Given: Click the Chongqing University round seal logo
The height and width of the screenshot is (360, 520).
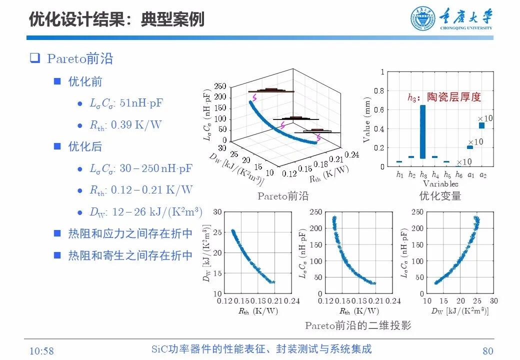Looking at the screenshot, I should [x=423, y=19].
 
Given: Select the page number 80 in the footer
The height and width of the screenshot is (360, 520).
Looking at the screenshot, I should [x=487, y=350].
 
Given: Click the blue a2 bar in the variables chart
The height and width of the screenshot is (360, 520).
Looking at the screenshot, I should [x=482, y=125].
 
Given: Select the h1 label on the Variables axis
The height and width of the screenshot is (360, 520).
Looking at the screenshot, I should [x=399, y=174].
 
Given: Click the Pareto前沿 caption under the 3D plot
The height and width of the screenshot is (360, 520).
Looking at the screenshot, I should [x=283, y=196].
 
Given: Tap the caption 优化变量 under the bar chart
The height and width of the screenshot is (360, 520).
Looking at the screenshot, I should [x=440, y=196].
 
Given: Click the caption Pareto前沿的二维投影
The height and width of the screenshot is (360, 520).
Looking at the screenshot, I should [x=358, y=325].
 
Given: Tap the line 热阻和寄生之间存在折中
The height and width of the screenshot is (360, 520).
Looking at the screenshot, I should [x=130, y=255].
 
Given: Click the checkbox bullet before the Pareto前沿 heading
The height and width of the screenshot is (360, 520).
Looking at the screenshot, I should [x=34, y=58].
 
